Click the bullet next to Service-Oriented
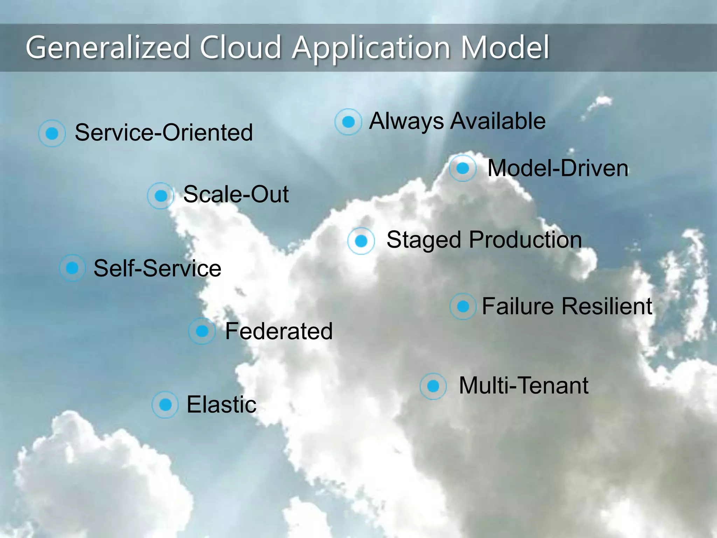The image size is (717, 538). tap(52, 133)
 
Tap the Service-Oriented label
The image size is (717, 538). tap(164, 132)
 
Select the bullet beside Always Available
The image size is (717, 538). tap(348, 122)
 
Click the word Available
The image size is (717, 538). tap(498, 121)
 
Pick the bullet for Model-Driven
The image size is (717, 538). tap(463, 168)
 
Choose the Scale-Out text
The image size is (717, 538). tap(236, 194)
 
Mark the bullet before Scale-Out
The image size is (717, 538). tap(161, 195)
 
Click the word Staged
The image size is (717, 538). tap(424, 240)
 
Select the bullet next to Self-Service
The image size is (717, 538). tap(72, 268)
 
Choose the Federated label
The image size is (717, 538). tap(279, 331)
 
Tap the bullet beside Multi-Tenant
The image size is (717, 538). tap(433, 386)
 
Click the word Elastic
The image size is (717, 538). tap(221, 405)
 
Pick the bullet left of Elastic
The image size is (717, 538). tap(165, 405)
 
